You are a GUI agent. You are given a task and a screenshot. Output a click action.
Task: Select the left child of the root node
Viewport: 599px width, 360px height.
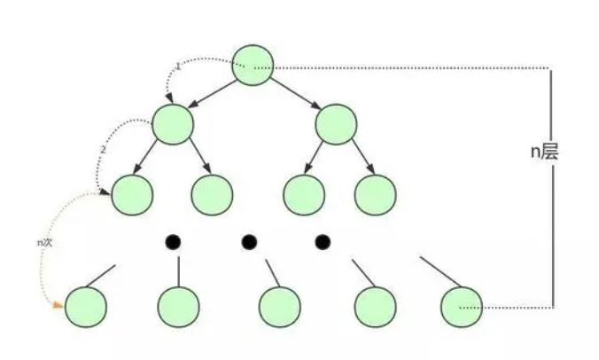click(173, 125)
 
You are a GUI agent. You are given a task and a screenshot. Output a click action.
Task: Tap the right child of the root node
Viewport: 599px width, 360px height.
click(336, 125)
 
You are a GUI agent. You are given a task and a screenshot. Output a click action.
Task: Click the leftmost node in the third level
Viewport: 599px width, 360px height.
click(132, 193)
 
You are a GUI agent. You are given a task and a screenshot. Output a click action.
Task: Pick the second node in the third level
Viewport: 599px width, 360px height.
click(212, 193)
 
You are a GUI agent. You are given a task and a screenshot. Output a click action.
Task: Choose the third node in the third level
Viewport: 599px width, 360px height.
click(304, 193)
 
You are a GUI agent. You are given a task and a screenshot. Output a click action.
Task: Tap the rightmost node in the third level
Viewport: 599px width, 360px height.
click(375, 193)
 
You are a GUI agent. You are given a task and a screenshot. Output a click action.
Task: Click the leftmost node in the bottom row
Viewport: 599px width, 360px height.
click(86, 307)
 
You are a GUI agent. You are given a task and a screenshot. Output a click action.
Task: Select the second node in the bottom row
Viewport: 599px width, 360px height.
click(178, 307)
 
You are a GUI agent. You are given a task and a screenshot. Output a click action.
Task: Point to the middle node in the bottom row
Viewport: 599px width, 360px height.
click(280, 307)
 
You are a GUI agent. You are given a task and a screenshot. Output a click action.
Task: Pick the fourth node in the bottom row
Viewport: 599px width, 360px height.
click(375, 307)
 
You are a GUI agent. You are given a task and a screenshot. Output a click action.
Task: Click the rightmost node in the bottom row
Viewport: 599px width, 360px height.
click(461, 307)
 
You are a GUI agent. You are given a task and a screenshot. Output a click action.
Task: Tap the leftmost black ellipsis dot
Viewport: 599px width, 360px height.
click(173, 241)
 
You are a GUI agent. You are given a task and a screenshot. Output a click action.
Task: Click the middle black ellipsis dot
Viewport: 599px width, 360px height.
click(249, 241)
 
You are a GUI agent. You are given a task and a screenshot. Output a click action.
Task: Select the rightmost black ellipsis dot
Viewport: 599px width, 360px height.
click(323, 241)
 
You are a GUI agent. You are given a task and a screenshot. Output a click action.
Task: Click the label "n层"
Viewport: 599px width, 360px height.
click(544, 152)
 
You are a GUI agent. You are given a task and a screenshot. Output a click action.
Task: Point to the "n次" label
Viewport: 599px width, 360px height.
click(45, 241)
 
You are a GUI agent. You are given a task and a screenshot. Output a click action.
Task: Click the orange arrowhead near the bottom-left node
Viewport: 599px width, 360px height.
click(58, 305)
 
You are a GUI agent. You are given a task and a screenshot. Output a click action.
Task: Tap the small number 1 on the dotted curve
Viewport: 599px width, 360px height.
click(178, 67)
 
